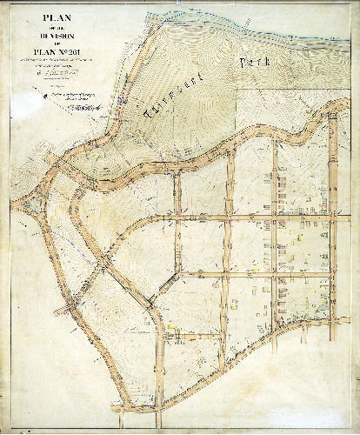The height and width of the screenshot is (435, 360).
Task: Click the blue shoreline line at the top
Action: (261, 26)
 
